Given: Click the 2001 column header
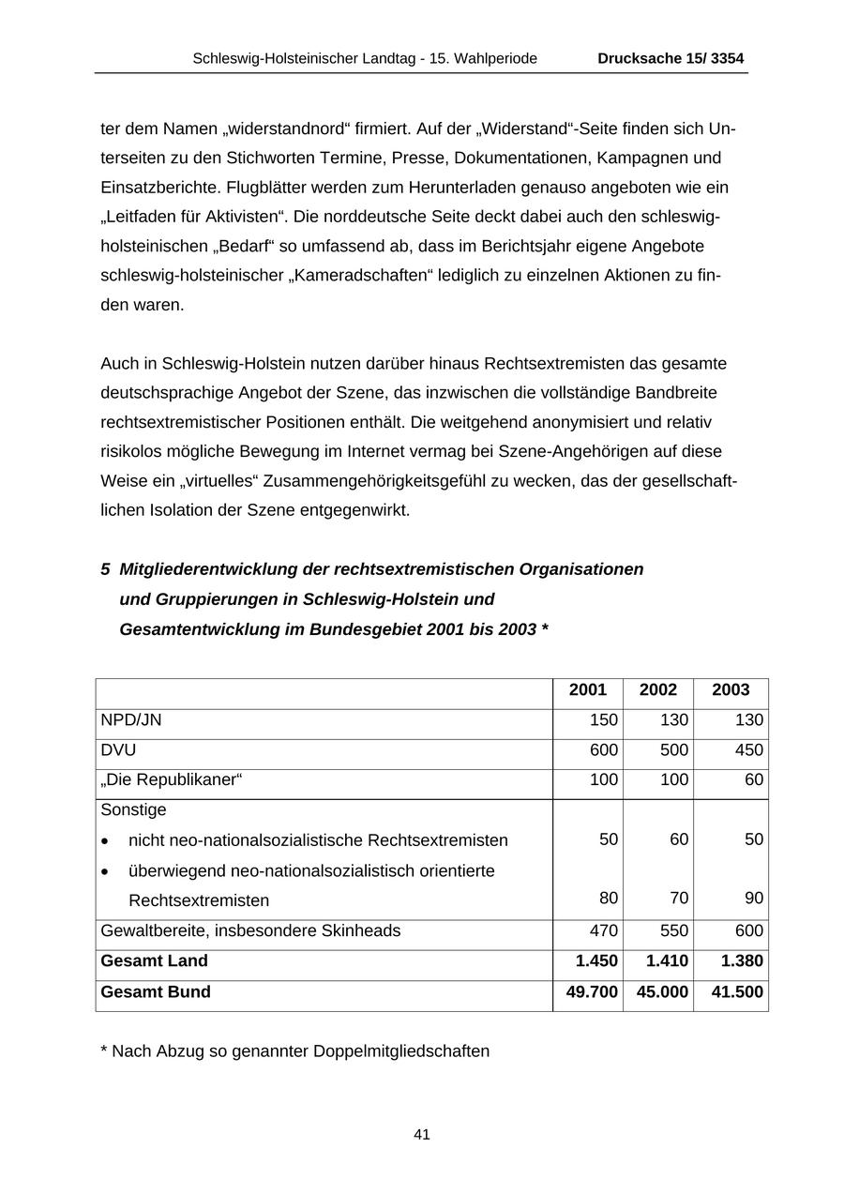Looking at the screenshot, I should pyautogui.click(x=588, y=690).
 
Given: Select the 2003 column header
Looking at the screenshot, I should pyautogui.click(x=731, y=690).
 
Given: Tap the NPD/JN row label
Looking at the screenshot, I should pyautogui.click(x=131, y=720).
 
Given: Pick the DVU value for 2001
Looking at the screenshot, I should pyautogui.click(x=604, y=750).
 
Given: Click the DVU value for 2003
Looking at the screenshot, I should pyautogui.click(x=748, y=750).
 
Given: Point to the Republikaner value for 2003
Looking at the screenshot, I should pyautogui.click(x=754, y=779).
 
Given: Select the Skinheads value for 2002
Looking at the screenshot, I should pyautogui.click(x=673, y=931).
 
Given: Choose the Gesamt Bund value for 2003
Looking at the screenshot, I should pyautogui.click(x=737, y=992).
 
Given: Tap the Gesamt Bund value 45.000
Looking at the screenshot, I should pyautogui.click(x=662, y=992).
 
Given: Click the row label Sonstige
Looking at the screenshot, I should pyautogui.click(x=133, y=809).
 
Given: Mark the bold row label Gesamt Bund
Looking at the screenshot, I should pyautogui.click(x=156, y=992).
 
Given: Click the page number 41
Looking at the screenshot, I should pyautogui.click(x=422, y=1135).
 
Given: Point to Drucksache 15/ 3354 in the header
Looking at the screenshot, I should pyautogui.click(x=671, y=59).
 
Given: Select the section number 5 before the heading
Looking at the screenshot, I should pyautogui.click(x=105, y=570).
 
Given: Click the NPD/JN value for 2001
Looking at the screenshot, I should pyautogui.click(x=604, y=720).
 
